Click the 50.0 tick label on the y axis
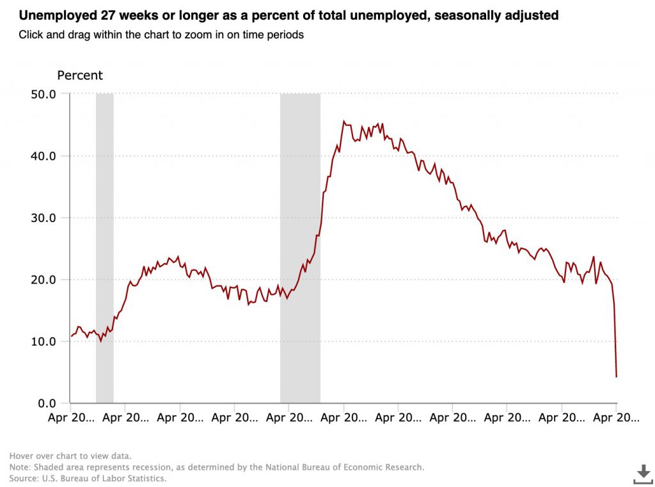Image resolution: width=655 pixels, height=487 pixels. pyautogui.click(x=44, y=94)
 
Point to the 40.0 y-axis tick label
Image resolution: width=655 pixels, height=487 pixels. pyautogui.click(x=44, y=156)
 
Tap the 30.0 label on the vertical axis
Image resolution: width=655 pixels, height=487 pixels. pyautogui.click(x=44, y=218)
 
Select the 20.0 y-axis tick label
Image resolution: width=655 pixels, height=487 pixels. pyautogui.click(x=44, y=280)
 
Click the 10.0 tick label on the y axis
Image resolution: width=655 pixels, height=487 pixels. pyautogui.click(x=44, y=342)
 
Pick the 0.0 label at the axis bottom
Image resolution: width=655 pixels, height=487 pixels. pyautogui.click(x=47, y=403)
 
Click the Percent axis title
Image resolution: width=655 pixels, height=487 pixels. pyautogui.click(x=80, y=76)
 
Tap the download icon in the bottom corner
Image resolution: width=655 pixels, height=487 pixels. pyautogui.click(x=642, y=474)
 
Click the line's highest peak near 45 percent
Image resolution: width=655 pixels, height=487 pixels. pyautogui.click(x=344, y=121)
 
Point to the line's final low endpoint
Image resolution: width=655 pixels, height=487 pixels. pyautogui.click(x=616, y=376)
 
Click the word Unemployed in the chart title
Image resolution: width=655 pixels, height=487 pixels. pyautogui.click(x=47, y=15)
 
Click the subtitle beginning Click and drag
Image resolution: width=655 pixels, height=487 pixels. pyautogui.click(x=161, y=35)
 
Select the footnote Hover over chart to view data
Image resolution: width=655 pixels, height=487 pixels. pyautogui.click(x=70, y=456)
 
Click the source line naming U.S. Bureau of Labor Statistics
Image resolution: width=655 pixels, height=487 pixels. pyautogui.click(x=88, y=478)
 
